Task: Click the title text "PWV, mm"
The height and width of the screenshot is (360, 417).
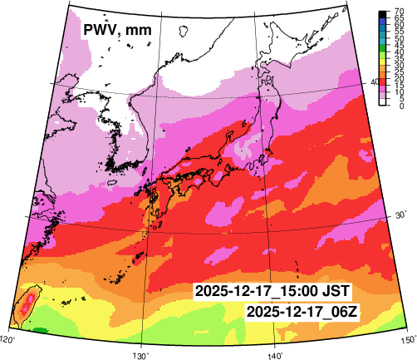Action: click(116, 31)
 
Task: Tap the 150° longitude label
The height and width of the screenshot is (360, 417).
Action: click(407, 339)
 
